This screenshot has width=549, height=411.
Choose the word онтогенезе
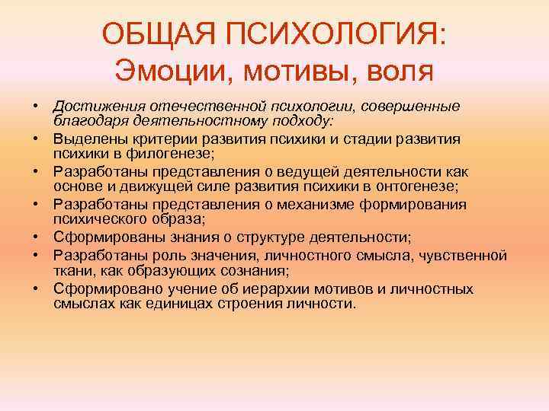[409, 187]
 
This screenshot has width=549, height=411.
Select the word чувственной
[464, 253]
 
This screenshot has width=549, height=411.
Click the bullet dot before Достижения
[36, 105]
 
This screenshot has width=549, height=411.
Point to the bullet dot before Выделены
[36, 139]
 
